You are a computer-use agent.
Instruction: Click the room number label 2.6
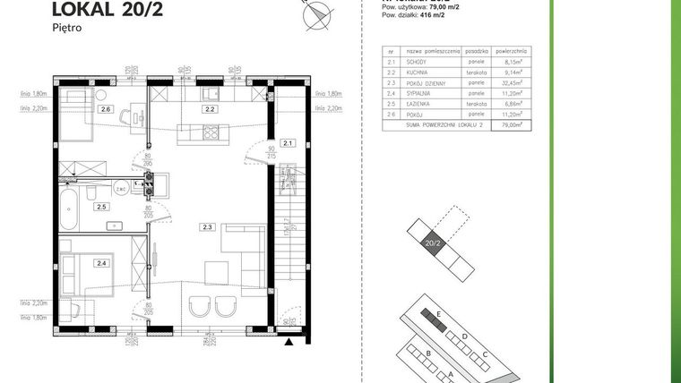click(x=106, y=110)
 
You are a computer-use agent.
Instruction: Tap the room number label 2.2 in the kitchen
click(x=208, y=110)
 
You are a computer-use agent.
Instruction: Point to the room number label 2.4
click(x=102, y=263)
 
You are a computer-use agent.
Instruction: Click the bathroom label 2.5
click(x=102, y=207)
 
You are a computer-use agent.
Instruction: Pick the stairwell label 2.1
click(x=288, y=142)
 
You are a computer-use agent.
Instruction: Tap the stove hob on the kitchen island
click(x=212, y=134)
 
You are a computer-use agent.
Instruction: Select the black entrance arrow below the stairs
click(x=289, y=340)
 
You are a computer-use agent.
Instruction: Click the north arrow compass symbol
click(x=317, y=13)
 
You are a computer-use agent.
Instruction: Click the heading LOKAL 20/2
click(x=97, y=10)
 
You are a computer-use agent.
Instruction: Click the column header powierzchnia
click(x=512, y=53)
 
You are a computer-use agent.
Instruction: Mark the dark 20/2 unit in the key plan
click(x=433, y=242)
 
